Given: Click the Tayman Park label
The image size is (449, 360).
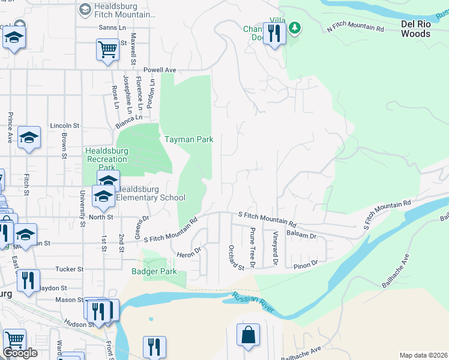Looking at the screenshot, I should click(x=189, y=139).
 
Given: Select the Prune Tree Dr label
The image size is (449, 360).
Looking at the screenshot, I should click(x=253, y=247).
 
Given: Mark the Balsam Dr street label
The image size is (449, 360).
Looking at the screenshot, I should click(x=301, y=235).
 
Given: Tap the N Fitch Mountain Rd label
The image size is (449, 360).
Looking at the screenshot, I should click(x=355, y=28).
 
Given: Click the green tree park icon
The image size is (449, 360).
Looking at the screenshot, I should click(x=294, y=28).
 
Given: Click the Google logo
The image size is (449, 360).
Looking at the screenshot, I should click(x=20, y=353).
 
